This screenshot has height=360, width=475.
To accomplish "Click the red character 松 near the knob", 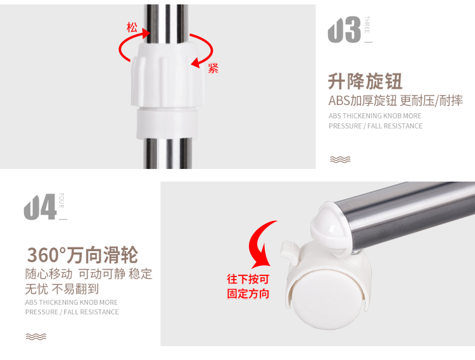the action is [x=132, y=28].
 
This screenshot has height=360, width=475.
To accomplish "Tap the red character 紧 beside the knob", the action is [x=213, y=68].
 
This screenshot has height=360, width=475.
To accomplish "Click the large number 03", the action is [x=345, y=30].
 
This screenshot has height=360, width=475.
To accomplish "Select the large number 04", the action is [x=41, y=207].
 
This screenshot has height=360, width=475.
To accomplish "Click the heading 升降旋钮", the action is [x=365, y=81].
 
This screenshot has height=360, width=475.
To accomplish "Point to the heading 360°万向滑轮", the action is [x=83, y=255].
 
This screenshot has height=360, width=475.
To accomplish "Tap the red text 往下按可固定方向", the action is [x=248, y=286].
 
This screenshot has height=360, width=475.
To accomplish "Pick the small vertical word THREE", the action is [x=367, y=25].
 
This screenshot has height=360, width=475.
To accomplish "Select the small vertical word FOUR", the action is [x=61, y=201].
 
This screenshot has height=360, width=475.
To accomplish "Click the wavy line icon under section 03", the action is [x=340, y=159].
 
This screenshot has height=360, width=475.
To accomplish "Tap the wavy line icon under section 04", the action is [x=36, y=337].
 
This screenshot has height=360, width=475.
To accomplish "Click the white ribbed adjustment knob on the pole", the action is [x=168, y=75].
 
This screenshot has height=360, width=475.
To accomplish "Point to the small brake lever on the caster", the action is [x=288, y=251].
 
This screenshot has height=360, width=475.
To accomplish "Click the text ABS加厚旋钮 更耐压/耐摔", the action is [x=396, y=101].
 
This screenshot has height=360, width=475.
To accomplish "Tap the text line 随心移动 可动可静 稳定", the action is [x=89, y=274].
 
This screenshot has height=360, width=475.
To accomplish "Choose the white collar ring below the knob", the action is [x=167, y=124].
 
